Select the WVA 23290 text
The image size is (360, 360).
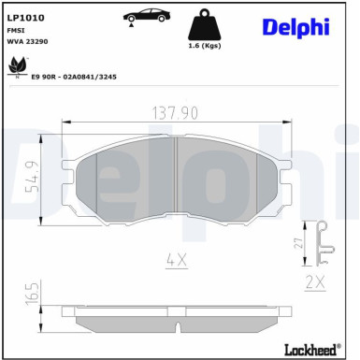coord(29,42)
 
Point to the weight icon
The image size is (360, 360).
coord(205,25)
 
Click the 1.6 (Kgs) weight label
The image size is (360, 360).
coord(204,46)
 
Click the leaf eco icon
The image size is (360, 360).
coord(16,65)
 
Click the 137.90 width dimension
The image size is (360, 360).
coord(176,111)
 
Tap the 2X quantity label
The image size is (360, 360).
coord(315,281)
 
